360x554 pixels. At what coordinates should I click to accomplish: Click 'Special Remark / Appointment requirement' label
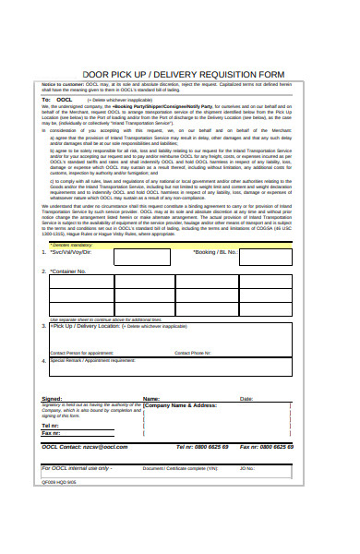click(x=92, y=360)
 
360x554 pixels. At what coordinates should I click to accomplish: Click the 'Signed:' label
click(x=52, y=399)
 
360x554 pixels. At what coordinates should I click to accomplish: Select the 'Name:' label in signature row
click(x=151, y=399)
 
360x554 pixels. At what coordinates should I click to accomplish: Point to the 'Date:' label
click(x=246, y=399)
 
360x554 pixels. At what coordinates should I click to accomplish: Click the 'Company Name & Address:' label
click(x=181, y=405)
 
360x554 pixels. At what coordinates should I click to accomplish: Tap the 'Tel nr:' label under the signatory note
click(x=50, y=425)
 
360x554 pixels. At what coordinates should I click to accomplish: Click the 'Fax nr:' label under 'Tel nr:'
click(x=51, y=432)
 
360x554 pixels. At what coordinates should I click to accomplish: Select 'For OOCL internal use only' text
click(x=78, y=468)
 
